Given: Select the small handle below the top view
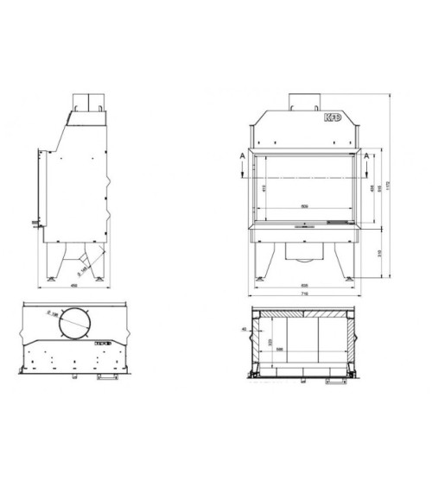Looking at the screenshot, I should [x=107, y=378].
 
